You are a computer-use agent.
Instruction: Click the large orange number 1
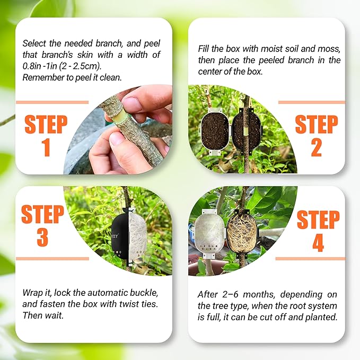(x=46, y=147)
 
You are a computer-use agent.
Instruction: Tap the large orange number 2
(x=316, y=147)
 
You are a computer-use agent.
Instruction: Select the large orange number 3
(x=42, y=238)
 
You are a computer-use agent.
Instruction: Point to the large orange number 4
(x=318, y=242)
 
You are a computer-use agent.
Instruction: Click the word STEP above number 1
(x=46, y=125)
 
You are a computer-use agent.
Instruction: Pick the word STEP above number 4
(x=318, y=219)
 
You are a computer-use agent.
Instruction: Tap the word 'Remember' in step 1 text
(x=42, y=77)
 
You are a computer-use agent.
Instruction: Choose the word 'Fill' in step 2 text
(x=204, y=49)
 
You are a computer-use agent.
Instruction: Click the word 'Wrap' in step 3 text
(x=32, y=293)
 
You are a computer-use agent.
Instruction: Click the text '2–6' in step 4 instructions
(x=235, y=294)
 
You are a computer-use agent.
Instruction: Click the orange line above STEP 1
(x=52, y=102)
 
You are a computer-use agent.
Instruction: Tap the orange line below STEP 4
(x=310, y=259)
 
